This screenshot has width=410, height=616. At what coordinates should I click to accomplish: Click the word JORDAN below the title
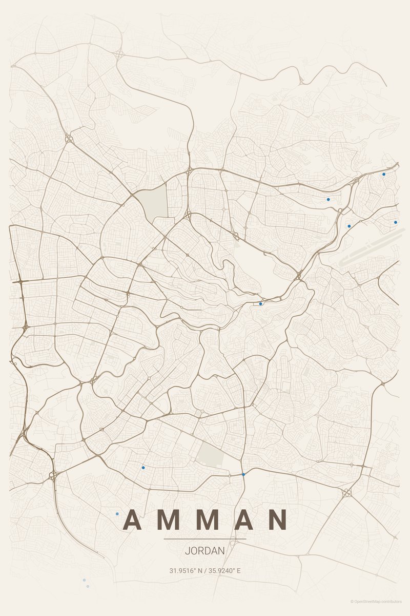[x=205, y=551]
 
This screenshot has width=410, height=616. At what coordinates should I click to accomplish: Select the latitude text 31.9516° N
[x=186, y=570]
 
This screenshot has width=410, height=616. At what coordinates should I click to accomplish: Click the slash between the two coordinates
[x=204, y=570]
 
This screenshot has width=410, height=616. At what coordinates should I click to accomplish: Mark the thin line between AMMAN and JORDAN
[x=205, y=539]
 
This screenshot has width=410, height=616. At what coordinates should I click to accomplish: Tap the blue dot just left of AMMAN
[x=117, y=514]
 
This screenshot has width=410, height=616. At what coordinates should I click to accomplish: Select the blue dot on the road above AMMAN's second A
[x=243, y=474]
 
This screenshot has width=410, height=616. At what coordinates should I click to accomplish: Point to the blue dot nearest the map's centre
[x=260, y=304]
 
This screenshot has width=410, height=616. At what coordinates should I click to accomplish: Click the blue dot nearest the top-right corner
[x=384, y=174]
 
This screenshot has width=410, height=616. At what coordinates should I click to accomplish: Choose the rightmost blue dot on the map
[x=396, y=222]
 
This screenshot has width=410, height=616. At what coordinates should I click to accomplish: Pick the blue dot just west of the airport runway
[x=349, y=226]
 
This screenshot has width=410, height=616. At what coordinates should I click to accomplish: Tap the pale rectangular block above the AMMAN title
[x=211, y=454]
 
